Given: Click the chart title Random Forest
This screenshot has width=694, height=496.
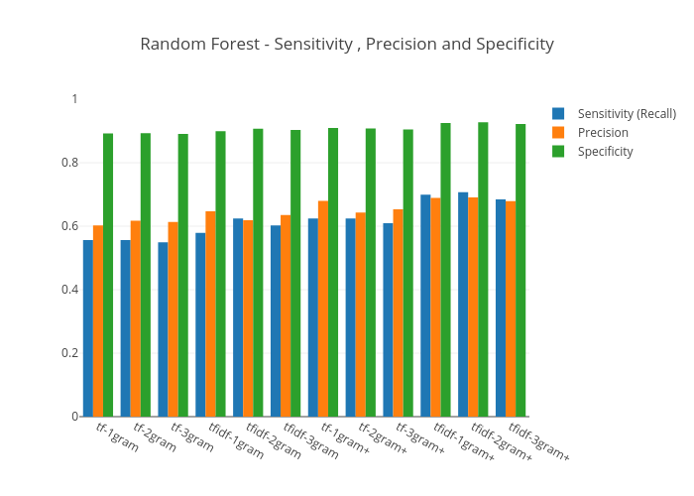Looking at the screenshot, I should [x=346, y=44].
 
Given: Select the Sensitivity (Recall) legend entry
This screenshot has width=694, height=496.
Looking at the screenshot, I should [x=626, y=113].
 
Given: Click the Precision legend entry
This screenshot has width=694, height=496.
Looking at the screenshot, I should [x=603, y=132].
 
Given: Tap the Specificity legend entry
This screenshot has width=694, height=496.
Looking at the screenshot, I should [x=605, y=151].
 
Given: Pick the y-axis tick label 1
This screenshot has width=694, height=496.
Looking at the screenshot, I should [x=74, y=99].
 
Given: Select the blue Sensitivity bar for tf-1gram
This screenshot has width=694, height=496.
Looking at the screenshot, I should [x=88, y=327].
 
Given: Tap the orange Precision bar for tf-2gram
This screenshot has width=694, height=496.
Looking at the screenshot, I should [x=136, y=317].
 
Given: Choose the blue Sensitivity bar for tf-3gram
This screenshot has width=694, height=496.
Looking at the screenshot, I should [x=163, y=328].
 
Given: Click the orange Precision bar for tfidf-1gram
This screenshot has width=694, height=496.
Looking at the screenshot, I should [x=210, y=313].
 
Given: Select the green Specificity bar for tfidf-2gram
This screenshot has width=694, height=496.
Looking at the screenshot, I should [x=258, y=272].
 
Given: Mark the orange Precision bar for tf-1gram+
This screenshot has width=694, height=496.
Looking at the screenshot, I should [x=323, y=309].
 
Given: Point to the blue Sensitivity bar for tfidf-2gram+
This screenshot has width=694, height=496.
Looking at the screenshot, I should [x=463, y=304].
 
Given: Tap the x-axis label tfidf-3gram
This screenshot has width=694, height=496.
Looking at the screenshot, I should [x=311, y=440].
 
